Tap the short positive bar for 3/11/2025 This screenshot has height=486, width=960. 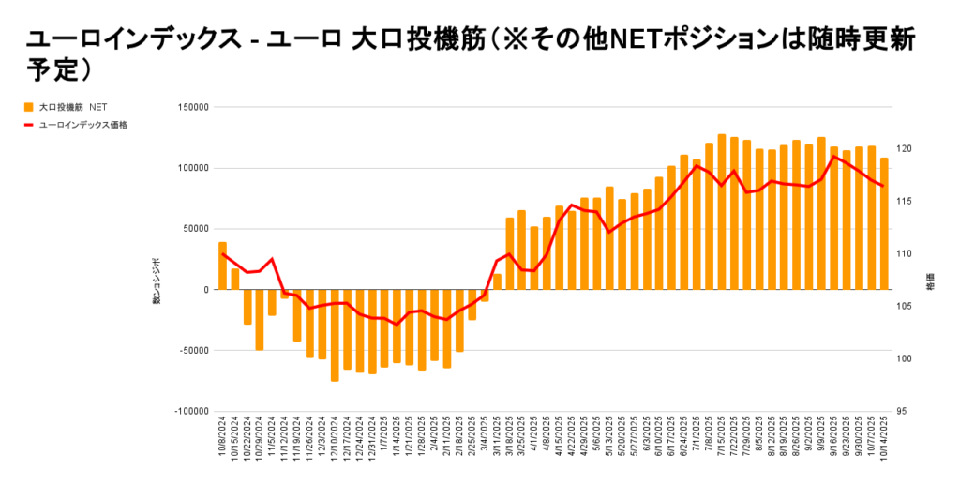tap(497, 281)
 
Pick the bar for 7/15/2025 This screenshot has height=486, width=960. tap(722, 212)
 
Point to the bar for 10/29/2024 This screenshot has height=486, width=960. tap(260, 320)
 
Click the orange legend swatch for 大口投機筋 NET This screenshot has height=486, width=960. tap(29, 108)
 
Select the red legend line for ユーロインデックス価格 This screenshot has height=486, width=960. tap(29, 124)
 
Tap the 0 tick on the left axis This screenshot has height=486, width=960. tap(205, 290)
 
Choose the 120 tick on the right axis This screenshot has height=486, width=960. tap(903, 149)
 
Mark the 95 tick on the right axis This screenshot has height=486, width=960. tap(901, 411)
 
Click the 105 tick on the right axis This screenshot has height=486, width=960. tap(903, 306)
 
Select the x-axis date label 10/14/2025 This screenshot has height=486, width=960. tap(885, 438)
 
